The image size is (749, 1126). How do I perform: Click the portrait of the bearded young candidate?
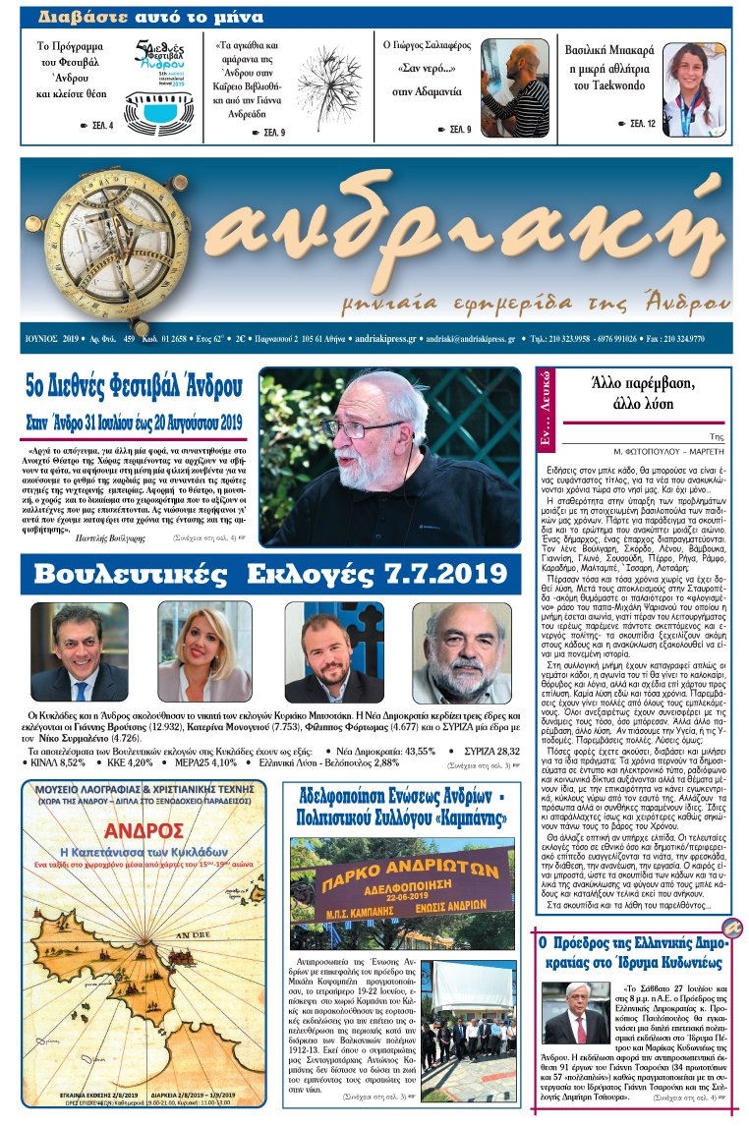(339, 652)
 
